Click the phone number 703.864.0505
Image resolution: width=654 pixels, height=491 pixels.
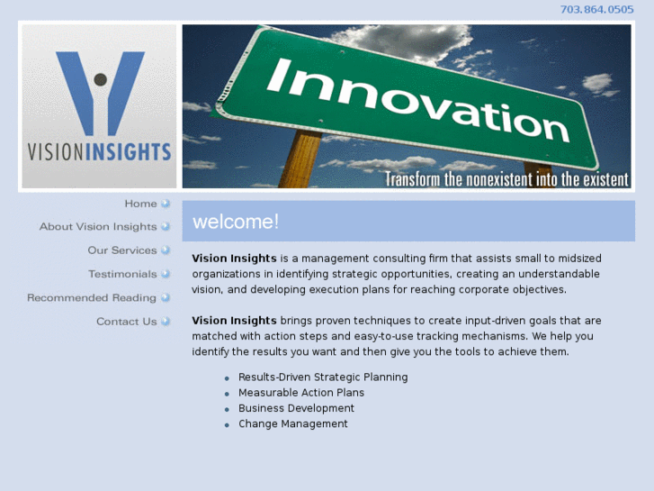pyautogui.click(x=596, y=9)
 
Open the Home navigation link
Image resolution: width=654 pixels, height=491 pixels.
pyautogui.click(x=140, y=204)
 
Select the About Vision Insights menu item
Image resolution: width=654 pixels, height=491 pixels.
pyautogui.click(x=98, y=227)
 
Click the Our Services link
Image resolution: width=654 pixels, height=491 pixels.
pyautogui.click(x=122, y=250)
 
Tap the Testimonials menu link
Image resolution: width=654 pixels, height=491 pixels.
pyautogui.click(x=122, y=274)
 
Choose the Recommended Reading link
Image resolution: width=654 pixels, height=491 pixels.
pyautogui.click(x=92, y=297)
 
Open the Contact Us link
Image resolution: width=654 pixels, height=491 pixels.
pyautogui.click(x=127, y=322)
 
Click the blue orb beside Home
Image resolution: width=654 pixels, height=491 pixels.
pyautogui.click(x=166, y=204)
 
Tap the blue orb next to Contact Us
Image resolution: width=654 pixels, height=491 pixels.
pyautogui.click(x=166, y=322)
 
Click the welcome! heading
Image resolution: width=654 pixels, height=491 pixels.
pyautogui.click(x=236, y=222)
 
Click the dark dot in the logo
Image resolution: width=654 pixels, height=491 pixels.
pyautogui.click(x=100, y=79)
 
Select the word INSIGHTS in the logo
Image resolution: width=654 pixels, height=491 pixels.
pyautogui.click(x=128, y=151)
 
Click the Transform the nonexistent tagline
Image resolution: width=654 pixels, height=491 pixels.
pyautogui.click(x=506, y=179)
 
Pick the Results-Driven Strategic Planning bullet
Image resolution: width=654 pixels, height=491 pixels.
pyautogui.click(x=323, y=377)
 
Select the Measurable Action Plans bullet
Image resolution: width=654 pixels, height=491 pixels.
pyautogui.click(x=301, y=393)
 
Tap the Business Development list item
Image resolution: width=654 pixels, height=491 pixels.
pyautogui.click(x=296, y=408)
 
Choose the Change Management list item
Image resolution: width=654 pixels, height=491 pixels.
pyautogui.click(x=292, y=423)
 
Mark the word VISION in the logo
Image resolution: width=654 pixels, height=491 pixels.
pyautogui.click(x=55, y=151)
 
